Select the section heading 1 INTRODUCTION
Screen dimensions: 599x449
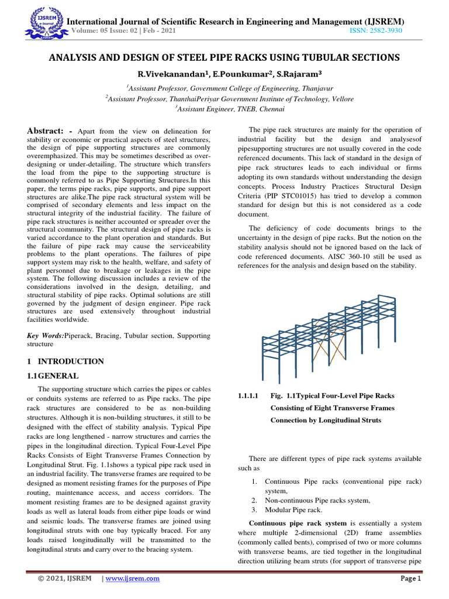(x=66, y=362)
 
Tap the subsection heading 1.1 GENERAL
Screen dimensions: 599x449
(x=53, y=376)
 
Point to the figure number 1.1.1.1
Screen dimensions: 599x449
(x=250, y=397)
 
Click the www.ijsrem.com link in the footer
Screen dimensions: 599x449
(x=132, y=579)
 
